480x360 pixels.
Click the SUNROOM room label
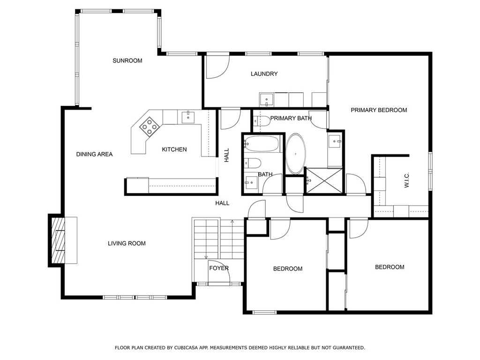click(127, 60)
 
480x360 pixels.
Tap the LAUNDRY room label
click(264, 74)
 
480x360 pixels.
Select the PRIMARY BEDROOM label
click(379, 110)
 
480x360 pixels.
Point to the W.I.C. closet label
click(406, 180)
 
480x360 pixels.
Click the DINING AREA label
click(94, 154)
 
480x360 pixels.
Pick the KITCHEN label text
click(174, 150)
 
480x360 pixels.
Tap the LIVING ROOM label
click(127, 243)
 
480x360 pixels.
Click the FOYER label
click(219, 268)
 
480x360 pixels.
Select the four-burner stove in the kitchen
click(150, 127)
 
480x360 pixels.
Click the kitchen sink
click(188, 117)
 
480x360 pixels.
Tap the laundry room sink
click(267, 100)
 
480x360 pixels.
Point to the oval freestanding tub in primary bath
click(295, 154)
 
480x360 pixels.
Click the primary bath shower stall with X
click(324, 180)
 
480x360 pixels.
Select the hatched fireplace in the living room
click(58, 240)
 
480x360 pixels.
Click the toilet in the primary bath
click(261, 121)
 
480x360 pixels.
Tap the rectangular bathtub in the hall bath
click(262, 144)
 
